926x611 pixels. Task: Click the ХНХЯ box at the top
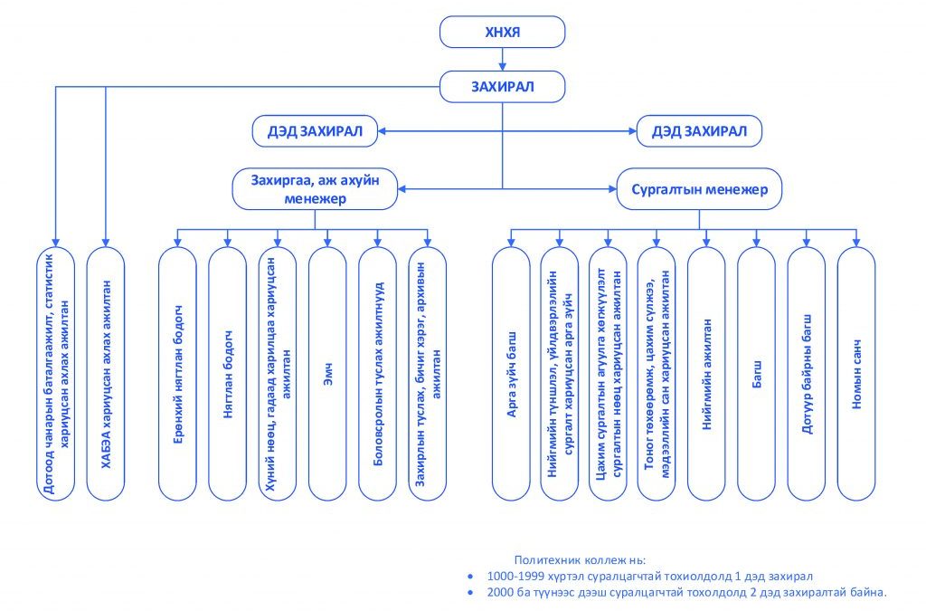[x=502, y=32]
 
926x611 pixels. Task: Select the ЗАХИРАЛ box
[x=502, y=87]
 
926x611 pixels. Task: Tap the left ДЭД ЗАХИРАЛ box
[x=315, y=131]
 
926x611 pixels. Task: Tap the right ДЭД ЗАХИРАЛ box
[x=699, y=131]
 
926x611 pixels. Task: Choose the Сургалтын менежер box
[x=699, y=189]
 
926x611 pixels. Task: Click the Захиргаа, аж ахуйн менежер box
[x=315, y=189]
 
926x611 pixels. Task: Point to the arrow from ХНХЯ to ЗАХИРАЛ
[x=503, y=59]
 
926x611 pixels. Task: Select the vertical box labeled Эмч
[x=327, y=374]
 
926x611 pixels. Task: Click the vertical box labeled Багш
[x=757, y=374]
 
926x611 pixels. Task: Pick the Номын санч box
[x=856, y=374]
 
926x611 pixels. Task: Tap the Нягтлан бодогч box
[x=227, y=374]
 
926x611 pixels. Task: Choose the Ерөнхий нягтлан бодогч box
[x=178, y=374]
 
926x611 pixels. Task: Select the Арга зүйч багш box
[x=511, y=374]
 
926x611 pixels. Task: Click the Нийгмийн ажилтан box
[x=706, y=374]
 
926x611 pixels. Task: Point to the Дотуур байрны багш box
[x=806, y=374]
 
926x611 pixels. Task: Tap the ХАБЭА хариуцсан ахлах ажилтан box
[x=106, y=374]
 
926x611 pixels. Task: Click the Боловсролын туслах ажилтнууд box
[x=377, y=374]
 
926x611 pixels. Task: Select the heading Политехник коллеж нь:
[x=580, y=560]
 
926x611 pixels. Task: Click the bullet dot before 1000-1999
[x=470, y=576]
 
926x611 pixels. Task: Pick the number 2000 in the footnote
[x=499, y=592]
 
